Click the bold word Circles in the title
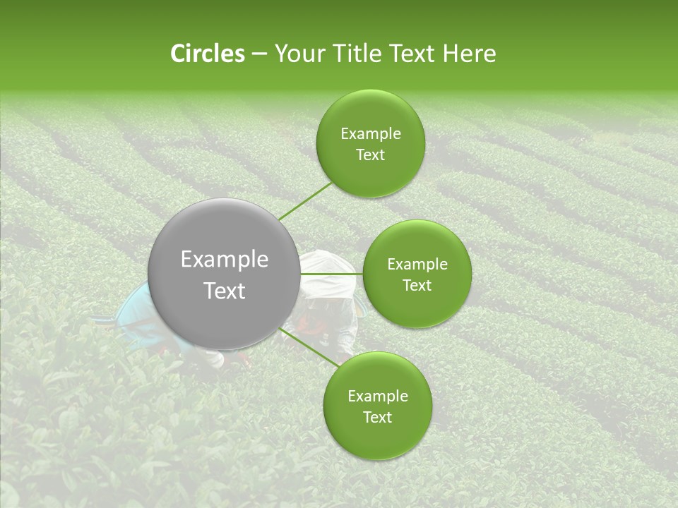[x=207, y=54]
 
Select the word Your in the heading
[x=297, y=54]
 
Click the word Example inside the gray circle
[x=225, y=260]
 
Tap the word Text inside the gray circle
[x=225, y=290]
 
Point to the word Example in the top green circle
[x=370, y=134]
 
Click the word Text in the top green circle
[x=370, y=155]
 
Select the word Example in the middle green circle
[x=417, y=265]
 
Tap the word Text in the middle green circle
[x=417, y=286]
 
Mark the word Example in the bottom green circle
[x=377, y=396]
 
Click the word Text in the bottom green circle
[x=377, y=417]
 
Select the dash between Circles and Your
[x=258, y=54]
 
